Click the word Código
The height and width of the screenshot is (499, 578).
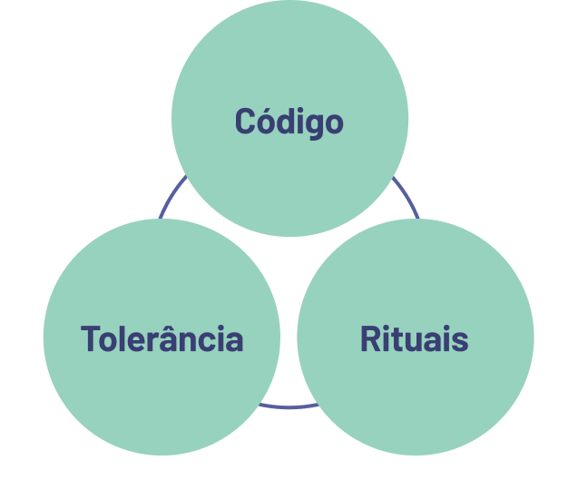[x=289, y=122]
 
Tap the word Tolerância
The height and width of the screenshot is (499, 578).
[x=162, y=339]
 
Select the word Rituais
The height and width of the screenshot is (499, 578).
[x=414, y=339]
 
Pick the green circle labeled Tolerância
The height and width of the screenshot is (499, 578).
[x=162, y=399]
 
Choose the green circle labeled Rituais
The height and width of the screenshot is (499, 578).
[x=416, y=399]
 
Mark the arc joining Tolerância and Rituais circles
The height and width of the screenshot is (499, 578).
[x=289, y=406]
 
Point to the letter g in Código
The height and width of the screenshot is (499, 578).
[x=312, y=125]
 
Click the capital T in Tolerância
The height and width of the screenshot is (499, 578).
[x=90, y=339]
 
